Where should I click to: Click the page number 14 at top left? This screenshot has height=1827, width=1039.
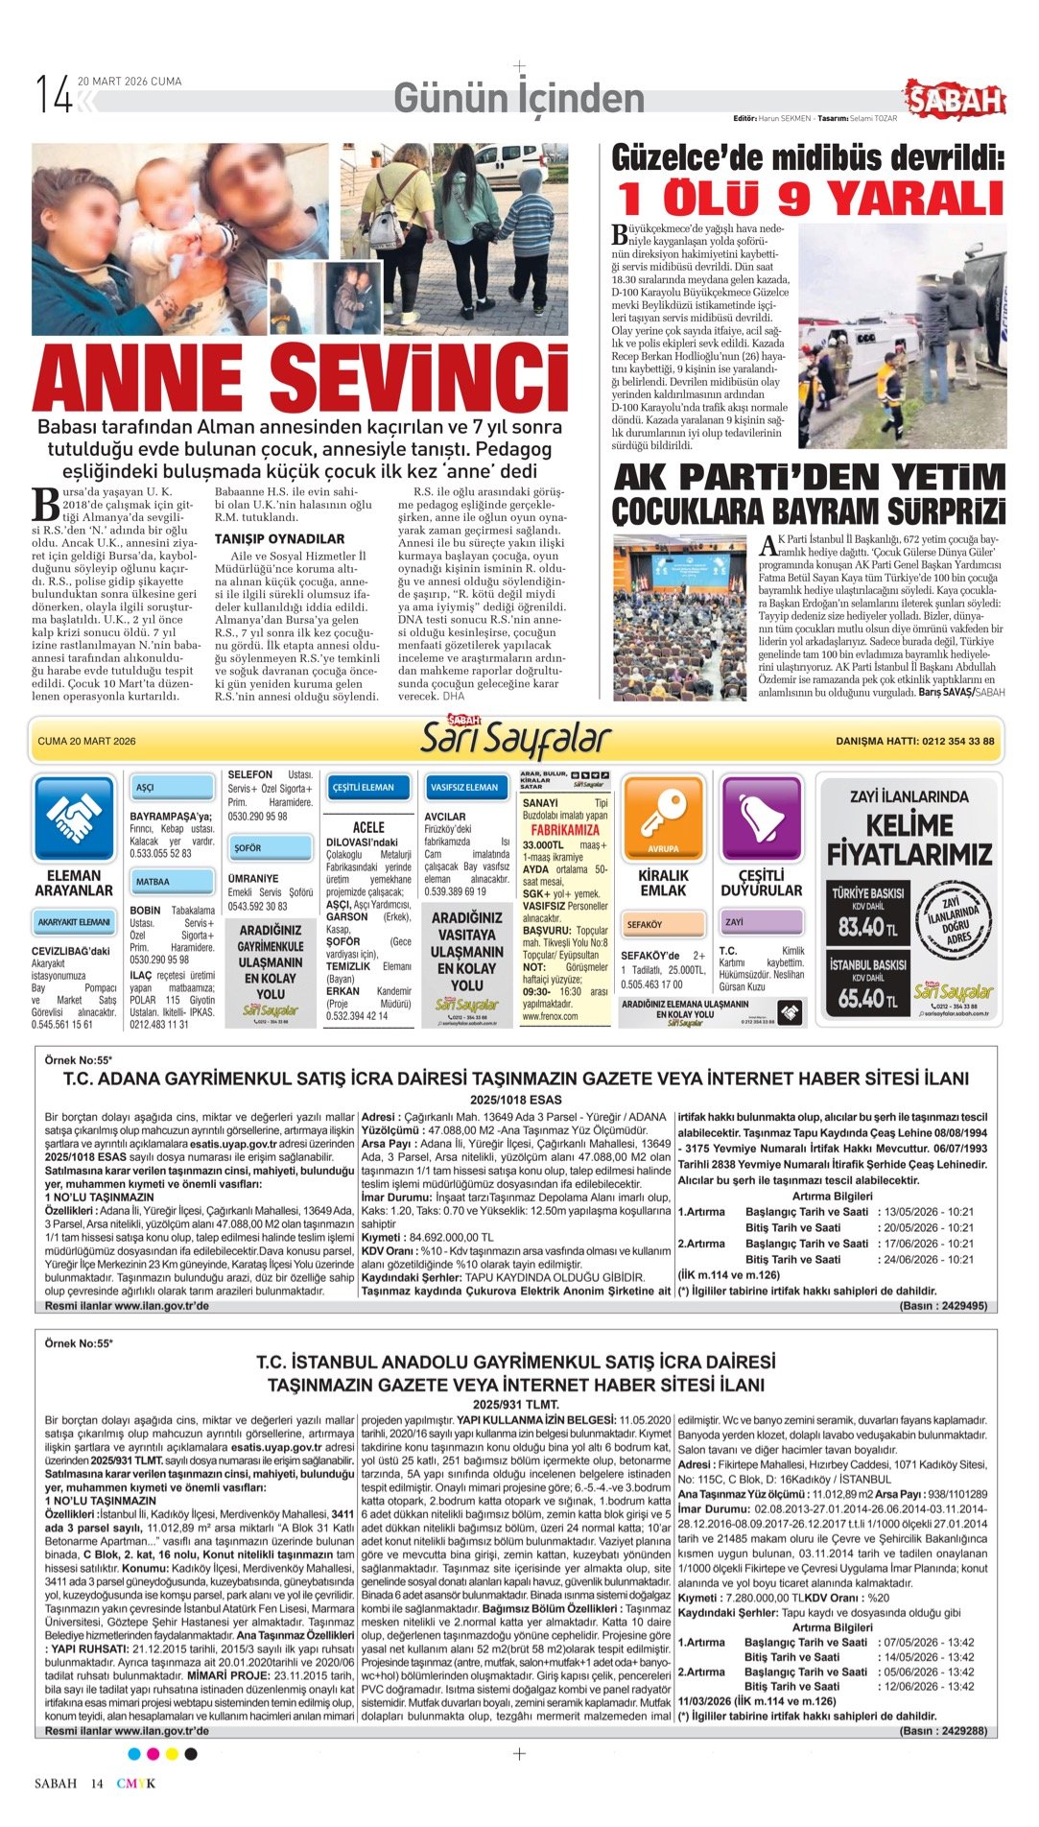[54, 95]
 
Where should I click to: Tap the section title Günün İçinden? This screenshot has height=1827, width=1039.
[519, 98]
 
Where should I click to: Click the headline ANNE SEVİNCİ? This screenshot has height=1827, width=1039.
[301, 376]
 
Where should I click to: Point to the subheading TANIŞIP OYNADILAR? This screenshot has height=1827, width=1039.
[279, 539]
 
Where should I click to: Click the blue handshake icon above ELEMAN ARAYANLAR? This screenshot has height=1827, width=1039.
[74, 818]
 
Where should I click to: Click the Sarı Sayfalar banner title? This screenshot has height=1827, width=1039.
[516, 741]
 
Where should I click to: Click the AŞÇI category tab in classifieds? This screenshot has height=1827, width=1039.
[172, 788]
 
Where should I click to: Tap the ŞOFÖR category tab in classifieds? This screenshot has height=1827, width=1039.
[271, 848]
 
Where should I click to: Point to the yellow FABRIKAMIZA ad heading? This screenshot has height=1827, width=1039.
[565, 830]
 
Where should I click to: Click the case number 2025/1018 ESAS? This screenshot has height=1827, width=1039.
[515, 1100]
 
